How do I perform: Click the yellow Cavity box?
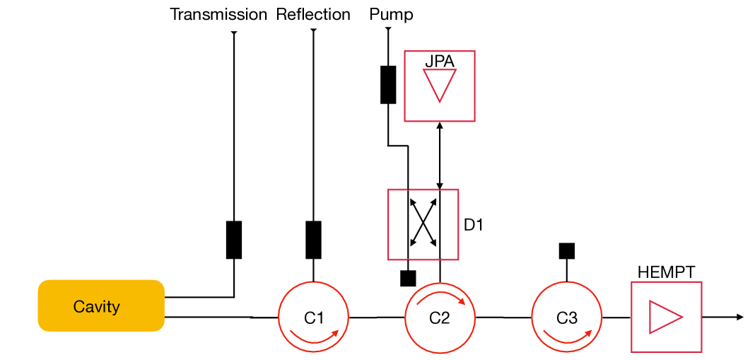point(100,306)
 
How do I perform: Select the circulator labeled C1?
point(313,317)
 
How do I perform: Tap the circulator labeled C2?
point(440,317)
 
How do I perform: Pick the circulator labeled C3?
point(566,317)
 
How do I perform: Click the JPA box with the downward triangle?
point(439,86)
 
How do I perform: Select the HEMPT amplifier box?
point(666,317)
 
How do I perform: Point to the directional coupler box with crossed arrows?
point(423,224)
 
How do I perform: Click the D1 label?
point(474,225)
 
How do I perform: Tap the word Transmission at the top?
point(218,14)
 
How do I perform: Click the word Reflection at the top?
point(313,14)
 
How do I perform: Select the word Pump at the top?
point(391,14)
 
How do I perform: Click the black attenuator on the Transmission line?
point(234,240)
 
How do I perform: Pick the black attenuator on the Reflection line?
point(313,240)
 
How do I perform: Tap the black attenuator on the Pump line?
point(388,84)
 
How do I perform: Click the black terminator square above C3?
point(567,250)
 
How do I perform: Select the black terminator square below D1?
point(408,278)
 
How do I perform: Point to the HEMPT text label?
point(666,272)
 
